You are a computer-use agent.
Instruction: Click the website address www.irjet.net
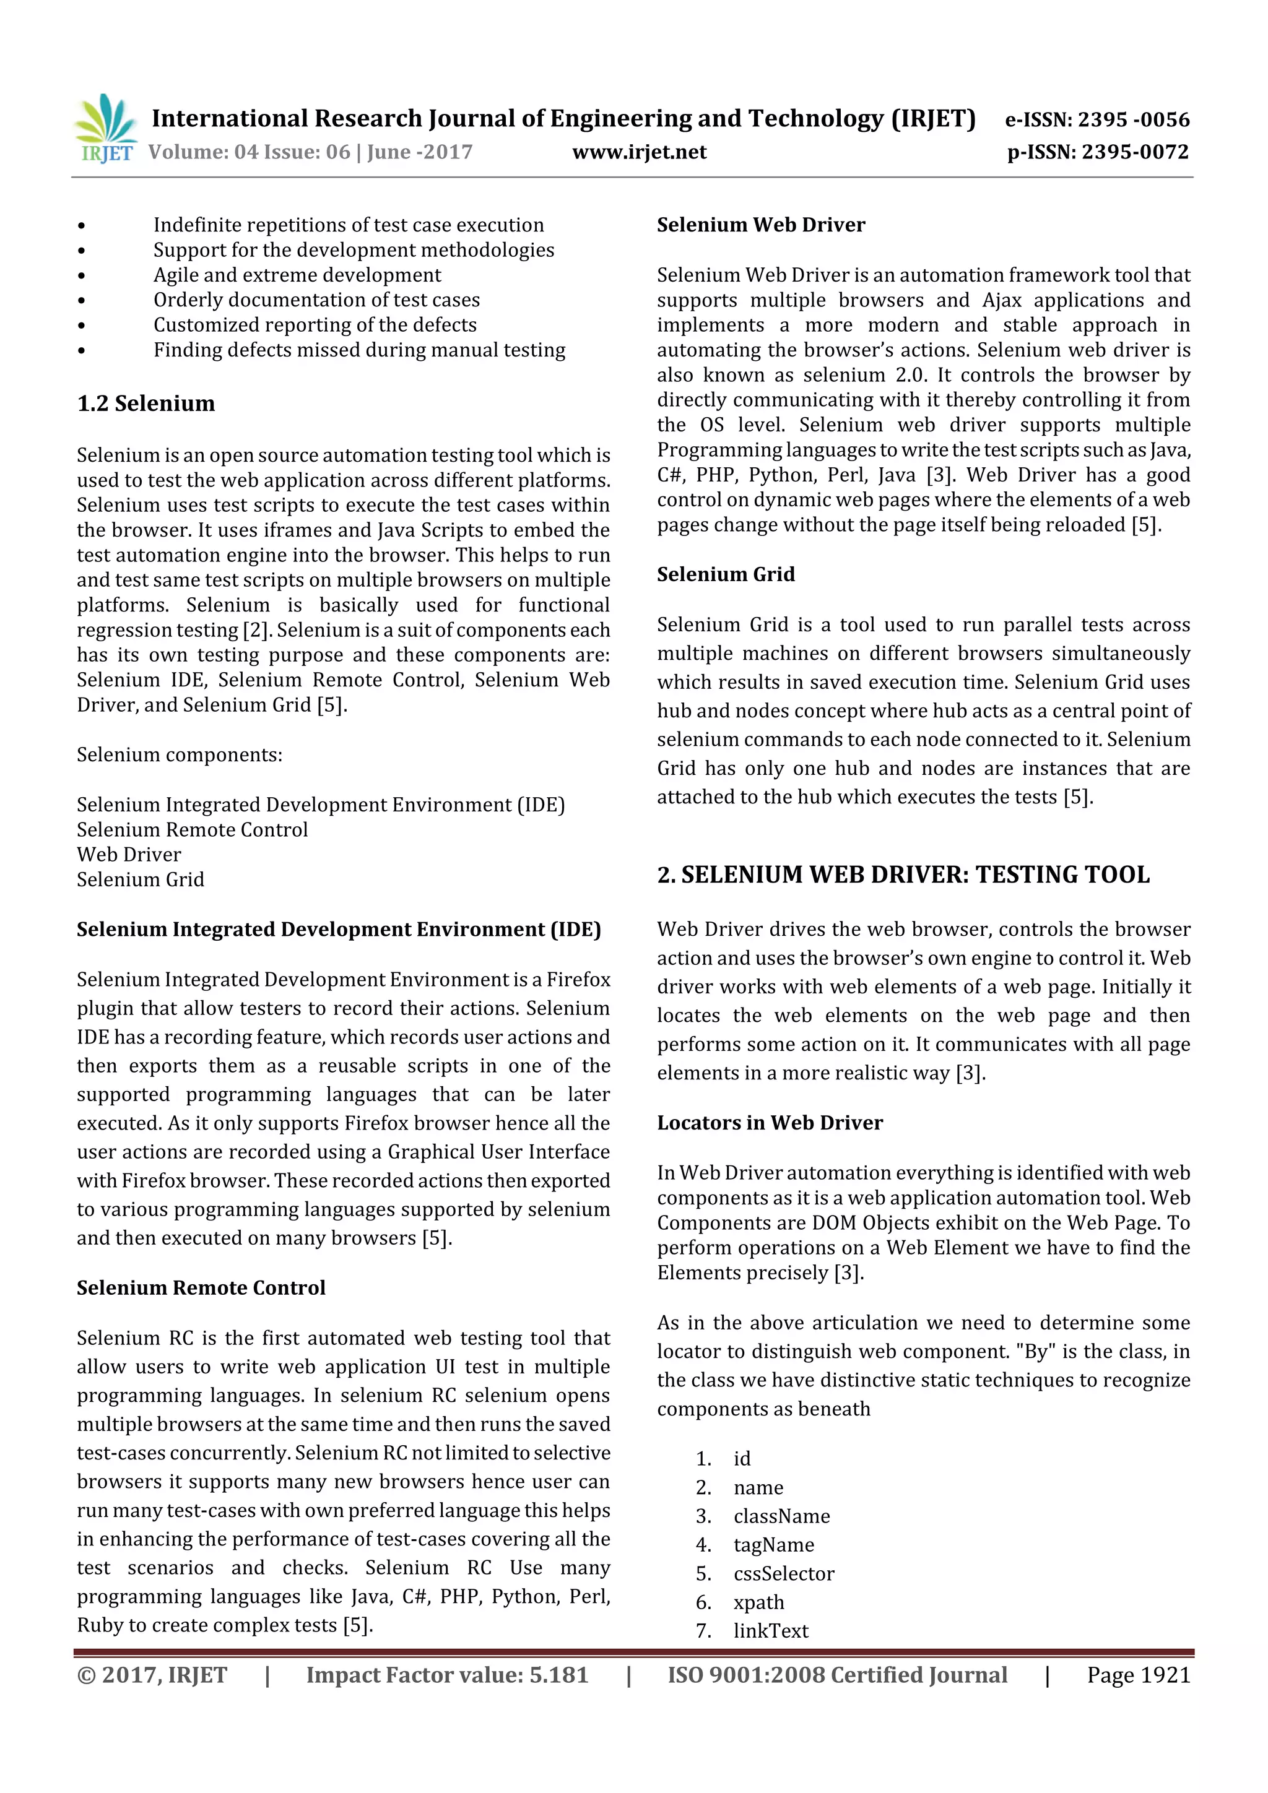pyautogui.click(x=638, y=152)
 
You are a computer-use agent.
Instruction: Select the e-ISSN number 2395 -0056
pyautogui.click(x=1133, y=119)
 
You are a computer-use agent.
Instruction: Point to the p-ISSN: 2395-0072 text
pyautogui.click(x=1098, y=152)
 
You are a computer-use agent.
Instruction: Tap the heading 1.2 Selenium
pyautogui.click(x=145, y=404)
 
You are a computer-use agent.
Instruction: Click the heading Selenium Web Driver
pyautogui.click(x=760, y=225)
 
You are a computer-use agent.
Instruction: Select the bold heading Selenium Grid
pyautogui.click(x=725, y=575)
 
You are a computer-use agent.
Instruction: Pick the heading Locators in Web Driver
pyautogui.click(x=769, y=1123)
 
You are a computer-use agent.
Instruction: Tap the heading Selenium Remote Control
pyautogui.click(x=201, y=1288)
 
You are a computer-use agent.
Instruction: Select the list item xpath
pyautogui.click(x=758, y=1602)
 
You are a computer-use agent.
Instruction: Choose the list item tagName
pyautogui.click(x=773, y=1545)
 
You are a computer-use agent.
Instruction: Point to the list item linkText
pyautogui.click(x=770, y=1631)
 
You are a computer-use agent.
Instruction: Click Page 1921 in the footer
pyautogui.click(x=1137, y=1675)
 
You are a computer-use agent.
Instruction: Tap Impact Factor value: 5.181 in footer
pyautogui.click(x=446, y=1675)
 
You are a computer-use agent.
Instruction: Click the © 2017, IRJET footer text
pyautogui.click(x=152, y=1675)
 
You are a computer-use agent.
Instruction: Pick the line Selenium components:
pyautogui.click(x=179, y=755)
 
